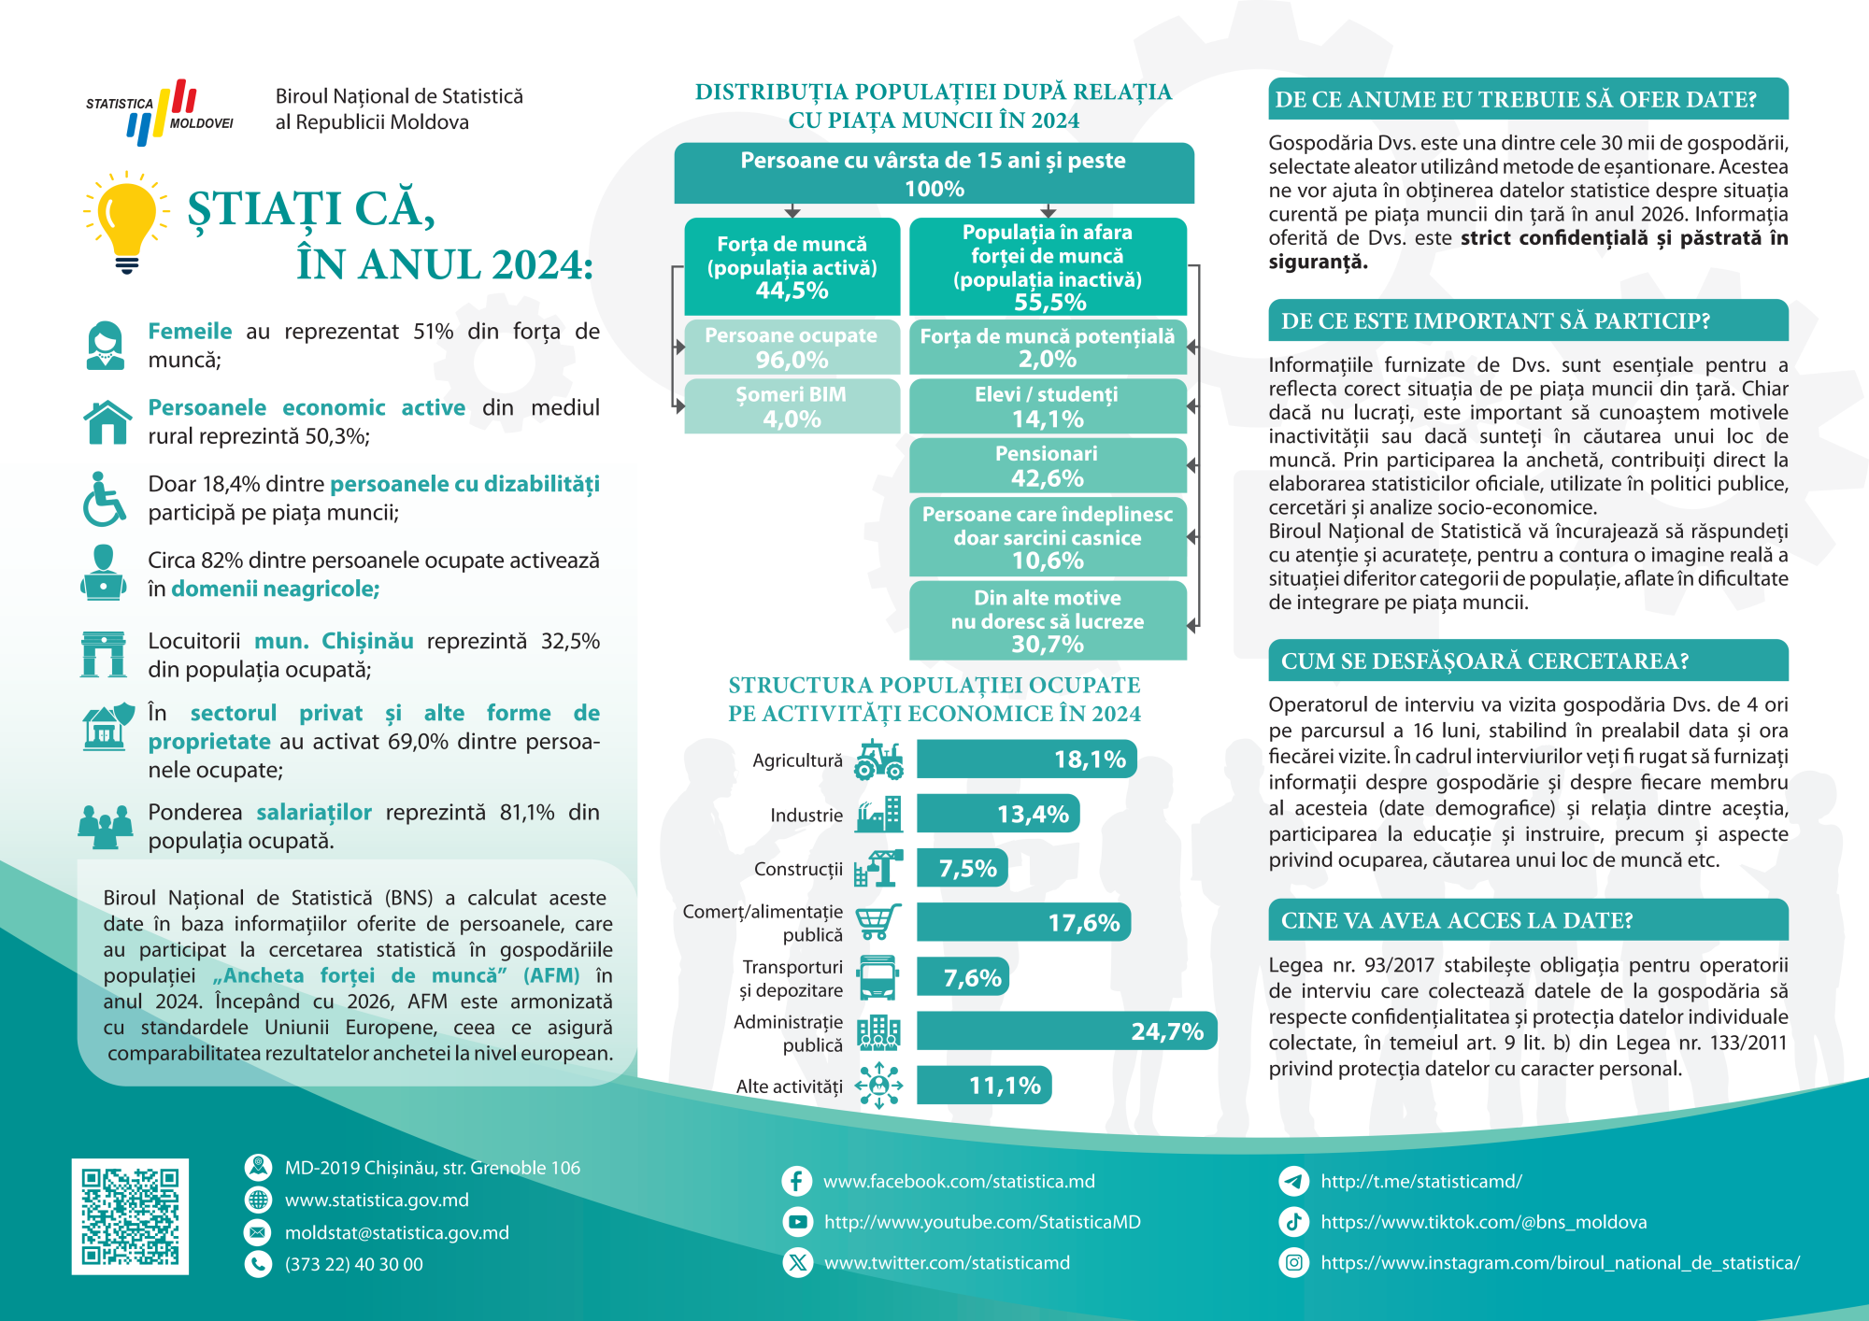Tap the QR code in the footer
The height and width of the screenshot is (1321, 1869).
click(x=130, y=1216)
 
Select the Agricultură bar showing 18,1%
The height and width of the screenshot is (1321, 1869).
click(x=1026, y=760)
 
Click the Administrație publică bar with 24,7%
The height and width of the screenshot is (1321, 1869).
click(x=1065, y=1031)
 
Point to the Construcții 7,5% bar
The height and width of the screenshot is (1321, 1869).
click(x=962, y=869)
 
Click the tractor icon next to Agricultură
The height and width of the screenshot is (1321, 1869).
click(x=878, y=760)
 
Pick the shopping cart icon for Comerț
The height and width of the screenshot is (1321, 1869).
click(x=878, y=922)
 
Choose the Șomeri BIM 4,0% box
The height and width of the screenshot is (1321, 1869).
click(x=792, y=406)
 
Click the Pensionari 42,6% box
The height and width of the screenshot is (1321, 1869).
click(x=1048, y=465)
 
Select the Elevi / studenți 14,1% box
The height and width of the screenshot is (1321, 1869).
click(x=1048, y=406)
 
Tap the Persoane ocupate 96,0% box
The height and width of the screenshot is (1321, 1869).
click(x=792, y=348)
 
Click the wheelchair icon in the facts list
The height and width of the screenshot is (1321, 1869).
click(x=104, y=499)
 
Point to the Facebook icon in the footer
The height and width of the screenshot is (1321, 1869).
click(x=796, y=1181)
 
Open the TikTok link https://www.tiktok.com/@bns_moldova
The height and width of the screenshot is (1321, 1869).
click(x=1483, y=1222)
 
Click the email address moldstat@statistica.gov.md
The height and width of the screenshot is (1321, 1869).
click(x=396, y=1232)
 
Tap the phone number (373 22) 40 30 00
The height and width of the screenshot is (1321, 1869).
click(x=353, y=1264)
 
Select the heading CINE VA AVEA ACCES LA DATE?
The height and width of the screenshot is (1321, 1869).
click(x=1456, y=921)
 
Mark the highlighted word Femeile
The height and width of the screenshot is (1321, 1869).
click(x=190, y=332)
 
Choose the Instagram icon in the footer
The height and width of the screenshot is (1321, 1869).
click(x=1293, y=1263)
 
